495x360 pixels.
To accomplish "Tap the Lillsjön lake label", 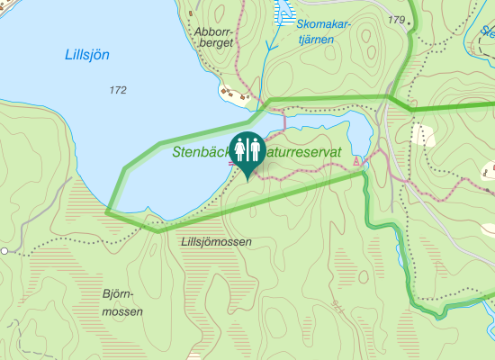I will click(87, 54).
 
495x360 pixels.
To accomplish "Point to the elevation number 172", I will click(116, 90).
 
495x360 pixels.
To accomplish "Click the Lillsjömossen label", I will click(216, 242).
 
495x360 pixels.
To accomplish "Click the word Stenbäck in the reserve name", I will click(201, 153).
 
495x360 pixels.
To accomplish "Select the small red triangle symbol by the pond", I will click(357, 160).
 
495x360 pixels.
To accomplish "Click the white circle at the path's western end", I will click(4, 250).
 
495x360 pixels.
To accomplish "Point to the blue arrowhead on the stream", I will click(267, 45).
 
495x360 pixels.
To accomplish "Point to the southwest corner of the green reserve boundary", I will click(108, 211).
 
